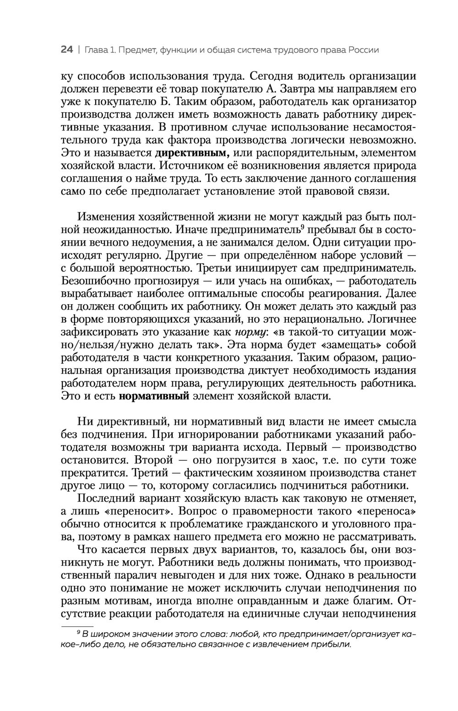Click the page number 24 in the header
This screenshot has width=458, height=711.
tap(67, 50)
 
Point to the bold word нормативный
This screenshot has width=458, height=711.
tap(154, 396)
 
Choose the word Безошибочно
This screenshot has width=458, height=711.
tap(97, 280)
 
